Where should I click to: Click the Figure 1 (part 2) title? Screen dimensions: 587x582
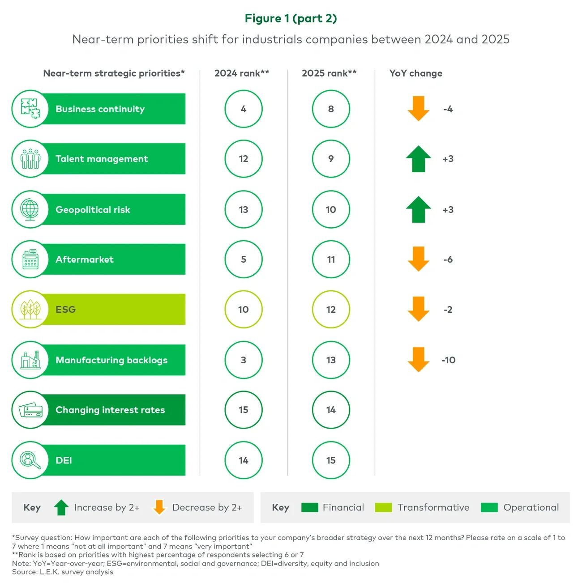(x=291, y=18)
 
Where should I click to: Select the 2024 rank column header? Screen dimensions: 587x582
(x=241, y=73)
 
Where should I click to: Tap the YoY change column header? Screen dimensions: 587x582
(x=415, y=73)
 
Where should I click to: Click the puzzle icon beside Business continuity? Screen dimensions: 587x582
(x=30, y=109)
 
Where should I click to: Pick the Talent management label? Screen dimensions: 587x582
(x=102, y=159)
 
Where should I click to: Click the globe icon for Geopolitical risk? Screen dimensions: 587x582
(x=30, y=209)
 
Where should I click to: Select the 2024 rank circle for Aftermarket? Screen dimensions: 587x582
(x=243, y=259)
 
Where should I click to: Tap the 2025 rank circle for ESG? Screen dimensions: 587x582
(x=330, y=310)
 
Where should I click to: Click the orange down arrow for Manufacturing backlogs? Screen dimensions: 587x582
(x=419, y=360)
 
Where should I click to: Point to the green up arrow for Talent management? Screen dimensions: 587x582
(x=419, y=159)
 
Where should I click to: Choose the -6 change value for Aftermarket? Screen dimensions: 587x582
(x=448, y=259)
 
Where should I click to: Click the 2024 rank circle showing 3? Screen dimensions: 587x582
(x=243, y=360)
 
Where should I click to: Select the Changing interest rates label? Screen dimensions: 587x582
(x=110, y=410)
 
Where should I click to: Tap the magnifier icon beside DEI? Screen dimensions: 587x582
(x=30, y=460)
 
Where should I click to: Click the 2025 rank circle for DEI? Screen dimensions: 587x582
(x=330, y=460)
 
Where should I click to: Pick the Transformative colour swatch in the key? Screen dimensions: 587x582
(x=383, y=507)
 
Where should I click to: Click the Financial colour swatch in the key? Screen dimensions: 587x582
(x=309, y=507)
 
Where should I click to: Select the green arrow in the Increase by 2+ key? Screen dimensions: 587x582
(x=61, y=507)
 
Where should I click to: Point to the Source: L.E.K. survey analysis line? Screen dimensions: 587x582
(x=63, y=572)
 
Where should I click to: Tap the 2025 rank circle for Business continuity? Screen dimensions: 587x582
(x=330, y=109)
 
